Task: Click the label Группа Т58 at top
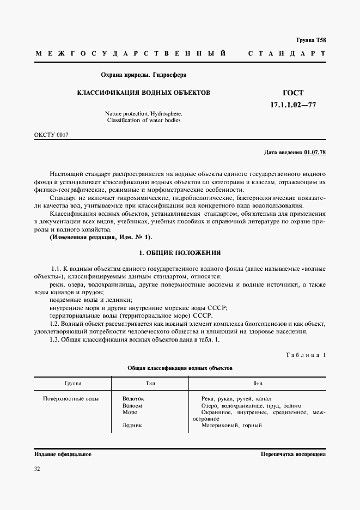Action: click(x=310, y=40)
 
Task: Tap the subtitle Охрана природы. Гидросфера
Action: click(x=144, y=75)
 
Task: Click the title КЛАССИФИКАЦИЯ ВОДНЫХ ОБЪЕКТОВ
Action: click(x=143, y=93)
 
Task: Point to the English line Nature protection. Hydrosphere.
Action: click(x=144, y=113)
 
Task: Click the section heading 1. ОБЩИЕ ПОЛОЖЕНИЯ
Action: click(x=180, y=253)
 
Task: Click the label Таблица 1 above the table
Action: click(x=306, y=355)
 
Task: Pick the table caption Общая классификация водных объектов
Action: click(x=180, y=368)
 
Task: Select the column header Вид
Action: click(x=258, y=383)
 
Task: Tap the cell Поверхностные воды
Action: click(x=71, y=399)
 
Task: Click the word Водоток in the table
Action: click(x=133, y=399)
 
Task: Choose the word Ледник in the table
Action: click(x=132, y=426)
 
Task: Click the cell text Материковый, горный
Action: click(x=231, y=426)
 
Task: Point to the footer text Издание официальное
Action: click(x=63, y=453)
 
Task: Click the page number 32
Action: click(x=37, y=468)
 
